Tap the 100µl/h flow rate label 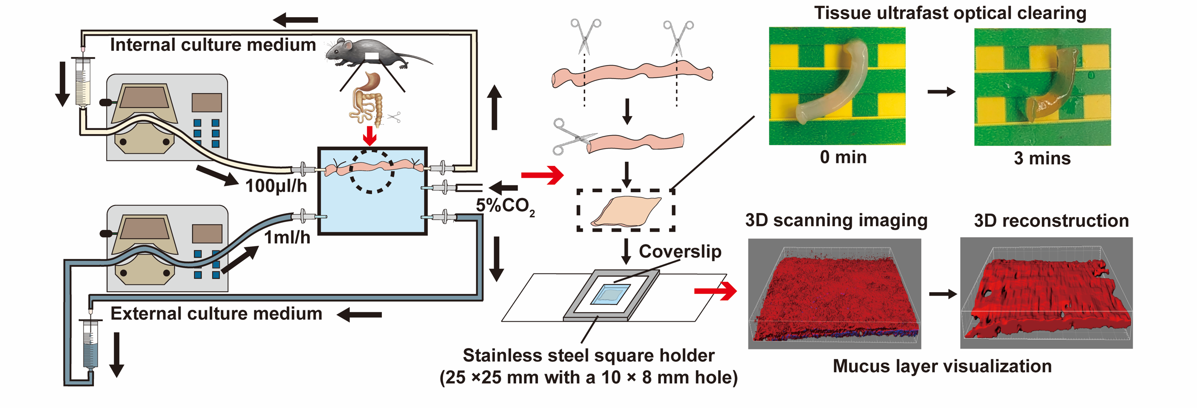click(276, 186)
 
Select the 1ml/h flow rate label click(287, 237)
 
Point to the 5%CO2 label click(505, 206)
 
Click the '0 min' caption click(843, 157)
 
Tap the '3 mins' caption click(1042, 158)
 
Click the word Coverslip click(680, 251)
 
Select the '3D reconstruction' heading click(1051, 220)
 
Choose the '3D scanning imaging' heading click(836, 220)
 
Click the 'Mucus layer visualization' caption click(942, 366)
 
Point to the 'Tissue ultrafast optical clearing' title click(950, 13)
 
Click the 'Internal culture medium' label click(213, 45)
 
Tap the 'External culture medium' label click(216, 313)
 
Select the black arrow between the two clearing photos click(941, 92)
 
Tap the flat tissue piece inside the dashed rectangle click(625, 212)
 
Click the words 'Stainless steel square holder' click(588, 355)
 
